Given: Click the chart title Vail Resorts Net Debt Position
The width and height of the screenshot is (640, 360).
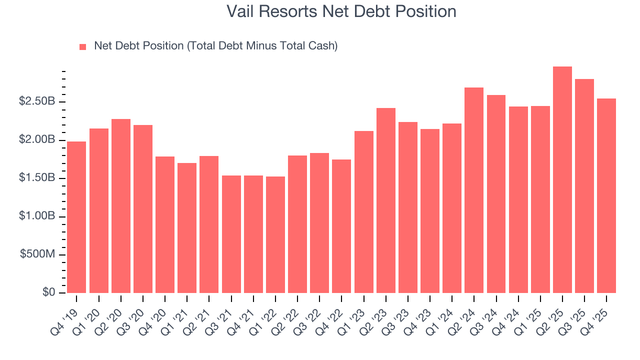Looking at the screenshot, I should (x=341, y=11).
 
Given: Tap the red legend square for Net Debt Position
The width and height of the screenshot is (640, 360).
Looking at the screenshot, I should (x=83, y=46).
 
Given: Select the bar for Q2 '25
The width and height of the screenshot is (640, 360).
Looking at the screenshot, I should (x=562, y=179).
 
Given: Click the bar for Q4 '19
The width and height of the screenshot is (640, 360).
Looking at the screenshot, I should (x=76, y=217).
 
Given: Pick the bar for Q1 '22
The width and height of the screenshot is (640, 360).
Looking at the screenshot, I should (x=275, y=234).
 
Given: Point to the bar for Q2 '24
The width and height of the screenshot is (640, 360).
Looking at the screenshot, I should (x=474, y=190).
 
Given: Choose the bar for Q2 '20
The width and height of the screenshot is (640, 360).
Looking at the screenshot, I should (x=121, y=205).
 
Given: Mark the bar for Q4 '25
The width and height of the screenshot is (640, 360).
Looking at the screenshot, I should (x=606, y=195).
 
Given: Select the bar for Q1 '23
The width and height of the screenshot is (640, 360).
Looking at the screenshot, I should (x=363, y=211).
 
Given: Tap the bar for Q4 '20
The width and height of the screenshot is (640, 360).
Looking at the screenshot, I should (x=165, y=224).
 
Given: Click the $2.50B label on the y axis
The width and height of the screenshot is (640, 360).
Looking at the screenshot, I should (x=37, y=101).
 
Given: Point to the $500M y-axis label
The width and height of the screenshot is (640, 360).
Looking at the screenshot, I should (x=37, y=254).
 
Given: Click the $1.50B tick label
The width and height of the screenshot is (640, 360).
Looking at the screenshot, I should (x=37, y=178).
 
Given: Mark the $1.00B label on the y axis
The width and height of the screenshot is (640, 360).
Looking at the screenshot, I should (x=37, y=216).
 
